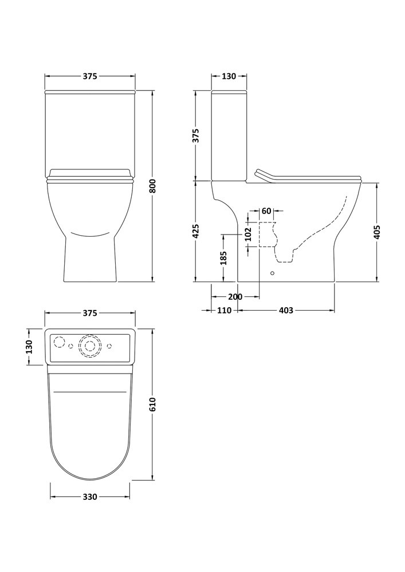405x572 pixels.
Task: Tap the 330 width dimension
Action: click(x=90, y=496)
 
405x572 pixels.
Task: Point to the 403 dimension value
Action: click(x=286, y=311)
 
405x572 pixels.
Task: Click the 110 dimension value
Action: click(x=224, y=311)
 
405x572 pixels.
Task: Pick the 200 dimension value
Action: click(x=235, y=296)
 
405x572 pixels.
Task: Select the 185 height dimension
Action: click(x=224, y=258)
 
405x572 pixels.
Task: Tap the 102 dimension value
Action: click(x=248, y=234)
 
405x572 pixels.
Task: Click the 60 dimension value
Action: click(x=266, y=211)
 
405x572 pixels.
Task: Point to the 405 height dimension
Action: click(x=378, y=232)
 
